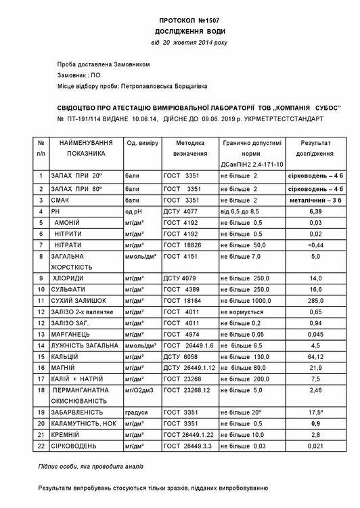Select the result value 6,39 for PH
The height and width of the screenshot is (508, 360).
(315, 211)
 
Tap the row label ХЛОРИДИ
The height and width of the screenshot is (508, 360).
(69, 278)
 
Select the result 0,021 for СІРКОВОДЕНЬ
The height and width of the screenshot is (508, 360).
(315, 446)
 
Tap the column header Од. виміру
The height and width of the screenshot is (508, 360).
(142, 144)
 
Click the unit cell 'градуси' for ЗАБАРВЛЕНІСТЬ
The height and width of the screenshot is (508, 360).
(138, 410)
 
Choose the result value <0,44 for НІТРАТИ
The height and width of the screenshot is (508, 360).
(315, 245)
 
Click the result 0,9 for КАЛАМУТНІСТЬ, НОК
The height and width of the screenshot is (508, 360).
(315, 423)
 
